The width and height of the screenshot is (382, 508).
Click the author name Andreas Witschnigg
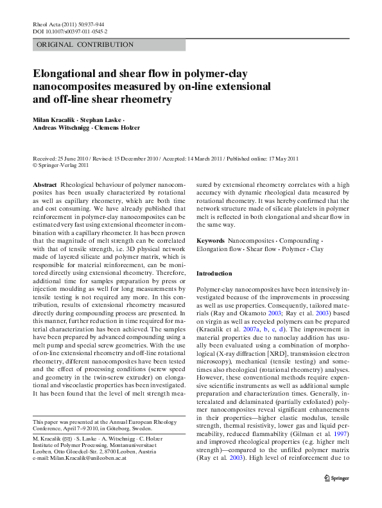pos(61,128)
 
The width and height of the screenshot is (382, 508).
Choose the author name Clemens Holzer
pos(117,128)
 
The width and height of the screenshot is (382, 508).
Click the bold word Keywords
pos(211,240)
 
